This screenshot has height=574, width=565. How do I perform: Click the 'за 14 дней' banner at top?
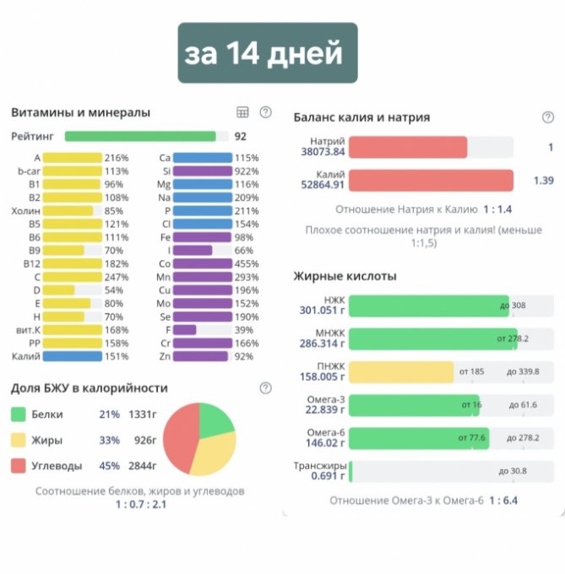click(x=267, y=53)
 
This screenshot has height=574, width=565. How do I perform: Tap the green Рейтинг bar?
click(x=140, y=136)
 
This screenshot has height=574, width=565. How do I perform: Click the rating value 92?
click(x=241, y=136)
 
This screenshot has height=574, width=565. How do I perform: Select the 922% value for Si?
click(x=247, y=171)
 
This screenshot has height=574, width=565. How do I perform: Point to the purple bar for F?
click(x=184, y=330)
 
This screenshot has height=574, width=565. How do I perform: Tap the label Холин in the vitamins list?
click(x=26, y=211)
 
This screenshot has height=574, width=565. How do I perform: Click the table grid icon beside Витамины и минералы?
click(x=242, y=112)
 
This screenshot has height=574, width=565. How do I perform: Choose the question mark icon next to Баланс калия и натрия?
click(x=547, y=117)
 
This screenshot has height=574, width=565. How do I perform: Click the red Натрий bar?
click(x=407, y=148)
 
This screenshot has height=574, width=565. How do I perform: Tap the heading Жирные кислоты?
click(x=345, y=276)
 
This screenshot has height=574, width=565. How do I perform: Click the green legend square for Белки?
click(x=19, y=414)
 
